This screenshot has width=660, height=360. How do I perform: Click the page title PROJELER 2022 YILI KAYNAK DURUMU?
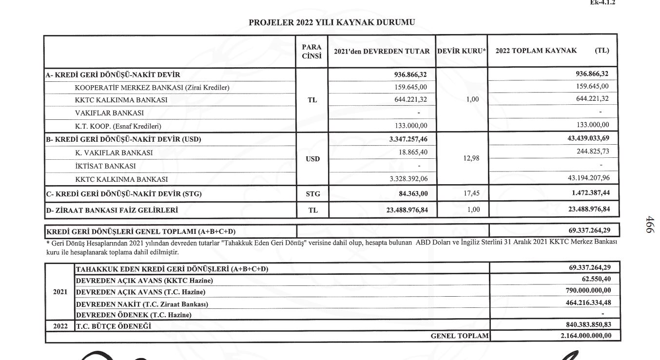click(332, 22)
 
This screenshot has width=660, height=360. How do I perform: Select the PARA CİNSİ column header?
click(312, 51)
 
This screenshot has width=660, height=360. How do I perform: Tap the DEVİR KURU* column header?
click(462, 51)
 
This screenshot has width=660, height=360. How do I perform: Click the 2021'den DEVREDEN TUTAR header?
click(382, 51)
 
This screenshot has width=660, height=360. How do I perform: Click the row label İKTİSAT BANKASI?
click(105, 166)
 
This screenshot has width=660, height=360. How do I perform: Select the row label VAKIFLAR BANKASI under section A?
click(109, 113)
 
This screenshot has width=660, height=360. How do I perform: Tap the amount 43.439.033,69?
click(588, 139)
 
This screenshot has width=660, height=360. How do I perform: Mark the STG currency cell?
click(312, 194)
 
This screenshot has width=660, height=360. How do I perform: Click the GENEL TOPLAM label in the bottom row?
click(460, 336)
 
